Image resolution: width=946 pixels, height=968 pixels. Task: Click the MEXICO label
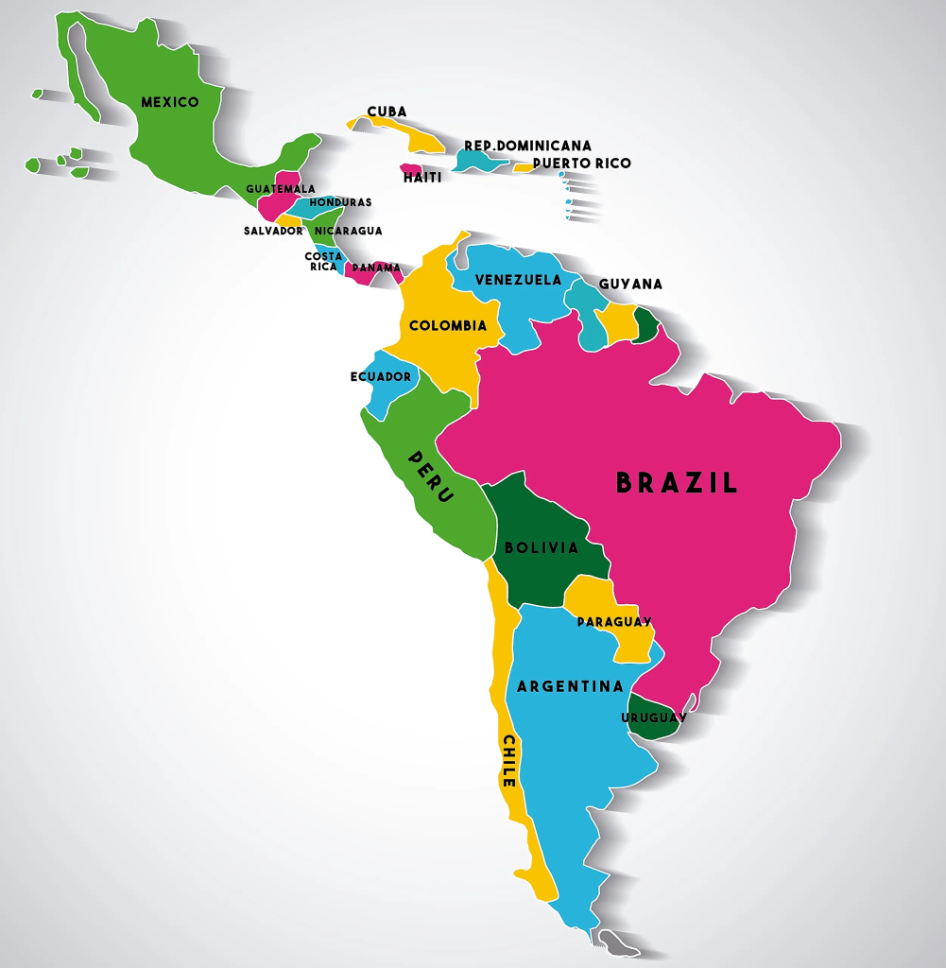170,102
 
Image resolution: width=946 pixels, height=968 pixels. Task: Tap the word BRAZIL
677,483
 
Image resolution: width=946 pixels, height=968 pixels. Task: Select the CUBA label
387,112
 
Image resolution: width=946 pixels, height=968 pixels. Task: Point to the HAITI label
422,178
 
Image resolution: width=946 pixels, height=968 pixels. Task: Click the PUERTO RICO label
581,164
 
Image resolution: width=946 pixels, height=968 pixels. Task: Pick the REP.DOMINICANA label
527,146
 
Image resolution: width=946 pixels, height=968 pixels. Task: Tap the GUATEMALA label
281,189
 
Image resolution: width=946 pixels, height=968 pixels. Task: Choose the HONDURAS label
340,202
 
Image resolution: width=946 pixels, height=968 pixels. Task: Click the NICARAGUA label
348,231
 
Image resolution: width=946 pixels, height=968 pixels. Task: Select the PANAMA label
376,268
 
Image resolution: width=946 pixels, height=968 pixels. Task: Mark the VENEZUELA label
518,280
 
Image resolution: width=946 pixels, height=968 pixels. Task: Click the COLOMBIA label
448,326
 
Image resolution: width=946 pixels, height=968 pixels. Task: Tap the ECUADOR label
381,377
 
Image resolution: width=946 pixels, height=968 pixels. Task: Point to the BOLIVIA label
542,548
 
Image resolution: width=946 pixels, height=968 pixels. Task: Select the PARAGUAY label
614,622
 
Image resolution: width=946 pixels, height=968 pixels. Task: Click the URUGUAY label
654,717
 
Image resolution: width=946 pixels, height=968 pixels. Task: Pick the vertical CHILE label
508,761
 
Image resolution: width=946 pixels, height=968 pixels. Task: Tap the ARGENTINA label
570,686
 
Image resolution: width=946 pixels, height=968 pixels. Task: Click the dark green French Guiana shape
647,325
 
